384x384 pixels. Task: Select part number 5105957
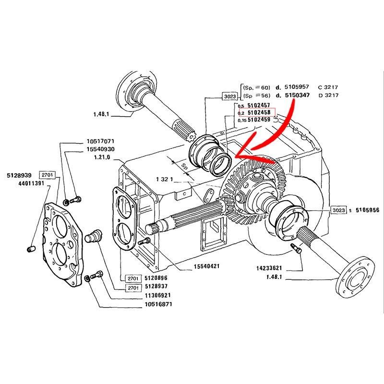coord(302,87)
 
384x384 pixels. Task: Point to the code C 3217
coord(328,87)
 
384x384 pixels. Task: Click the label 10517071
coord(100,142)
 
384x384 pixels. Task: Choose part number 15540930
coord(100,150)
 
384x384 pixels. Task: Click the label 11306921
coord(158,295)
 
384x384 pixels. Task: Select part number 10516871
coord(158,304)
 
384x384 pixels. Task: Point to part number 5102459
coord(258,120)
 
